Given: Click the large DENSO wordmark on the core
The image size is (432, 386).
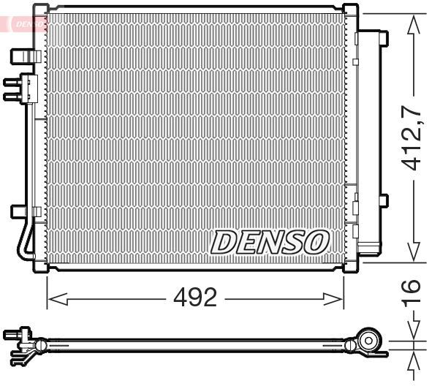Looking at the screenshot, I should (270, 241).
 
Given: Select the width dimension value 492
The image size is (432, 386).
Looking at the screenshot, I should (196, 298).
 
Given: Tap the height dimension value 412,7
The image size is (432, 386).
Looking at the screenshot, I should (414, 137).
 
